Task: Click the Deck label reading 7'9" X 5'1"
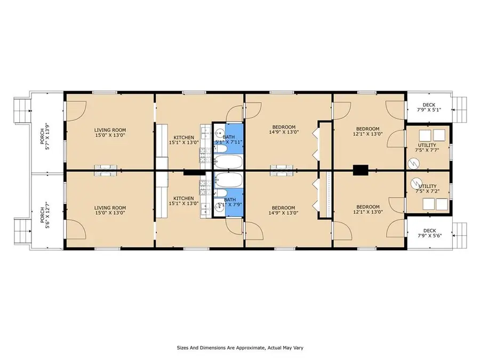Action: click(428, 108)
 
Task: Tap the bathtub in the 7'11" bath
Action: click(229, 162)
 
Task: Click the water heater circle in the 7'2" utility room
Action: click(415, 184)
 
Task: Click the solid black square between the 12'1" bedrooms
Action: click(361, 170)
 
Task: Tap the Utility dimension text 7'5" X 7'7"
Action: click(427, 150)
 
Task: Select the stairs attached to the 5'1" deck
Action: click(459, 108)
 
